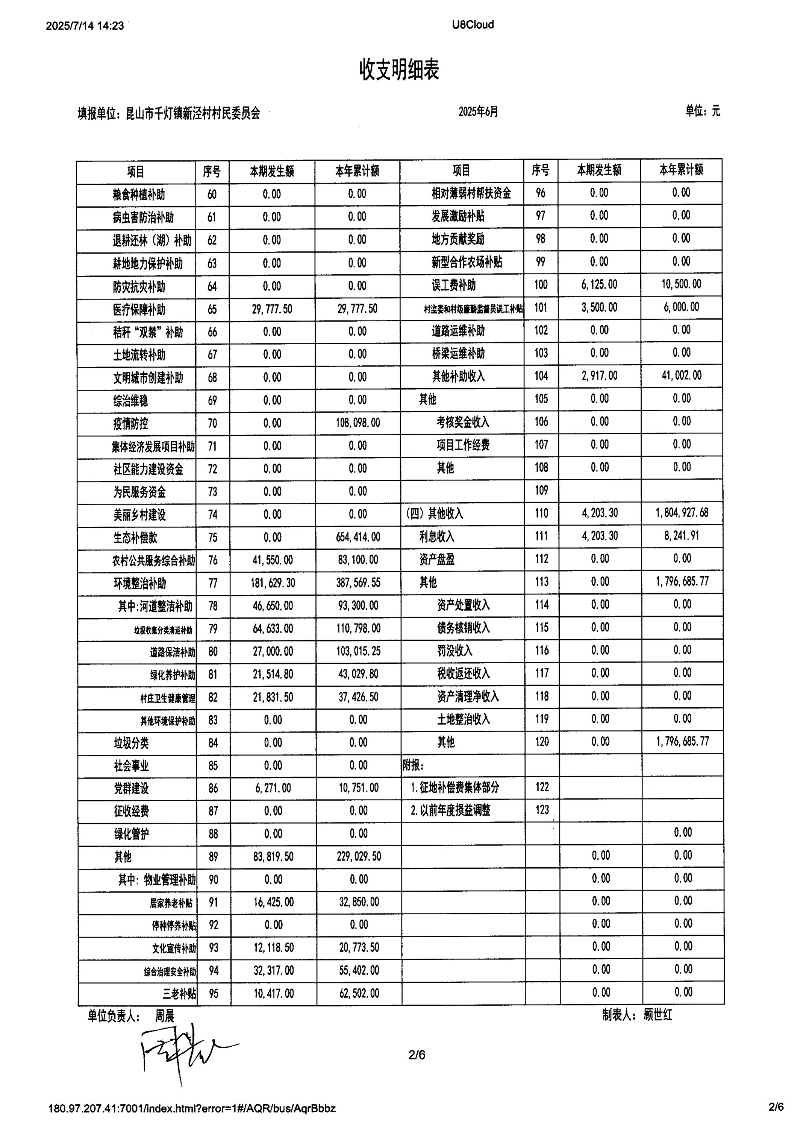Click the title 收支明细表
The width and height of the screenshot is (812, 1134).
tap(399, 70)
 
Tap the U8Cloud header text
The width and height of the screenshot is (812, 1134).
tap(473, 24)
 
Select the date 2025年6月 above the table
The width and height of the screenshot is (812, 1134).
tap(478, 111)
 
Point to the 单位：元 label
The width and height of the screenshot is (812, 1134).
tap(702, 111)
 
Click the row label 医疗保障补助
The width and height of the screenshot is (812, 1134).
tap(139, 310)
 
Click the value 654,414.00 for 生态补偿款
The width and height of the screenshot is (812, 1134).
tap(358, 537)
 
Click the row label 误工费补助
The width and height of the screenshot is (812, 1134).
tap(454, 285)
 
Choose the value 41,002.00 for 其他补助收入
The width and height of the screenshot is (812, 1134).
tap(681, 375)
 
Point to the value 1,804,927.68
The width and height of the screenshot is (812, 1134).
tap(682, 513)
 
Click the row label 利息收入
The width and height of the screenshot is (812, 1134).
tap(437, 537)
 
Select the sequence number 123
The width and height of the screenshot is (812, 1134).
tap(542, 810)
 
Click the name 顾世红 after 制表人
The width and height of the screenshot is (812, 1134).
tap(658, 1014)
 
